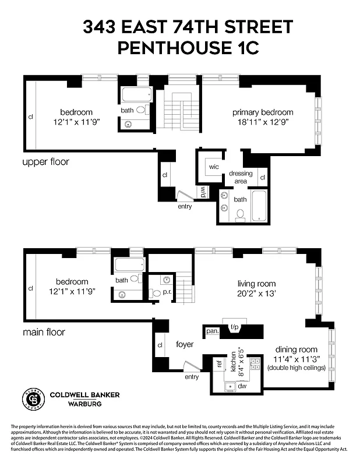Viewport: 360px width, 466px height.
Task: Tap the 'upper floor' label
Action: (45, 161)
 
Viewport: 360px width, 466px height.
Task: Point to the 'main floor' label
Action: (44, 332)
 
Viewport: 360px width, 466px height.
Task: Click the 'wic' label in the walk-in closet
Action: (214, 167)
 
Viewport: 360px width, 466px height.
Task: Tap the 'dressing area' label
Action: (241, 177)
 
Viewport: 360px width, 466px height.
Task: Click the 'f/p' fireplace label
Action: (235, 327)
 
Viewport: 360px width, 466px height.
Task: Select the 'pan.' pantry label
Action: (212, 331)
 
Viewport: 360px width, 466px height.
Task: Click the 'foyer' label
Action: (185, 344)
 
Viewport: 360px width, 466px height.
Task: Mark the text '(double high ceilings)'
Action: (297, 368)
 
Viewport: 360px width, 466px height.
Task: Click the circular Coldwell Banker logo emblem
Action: (34, 398)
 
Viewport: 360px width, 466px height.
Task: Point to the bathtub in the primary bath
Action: (259, 207)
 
